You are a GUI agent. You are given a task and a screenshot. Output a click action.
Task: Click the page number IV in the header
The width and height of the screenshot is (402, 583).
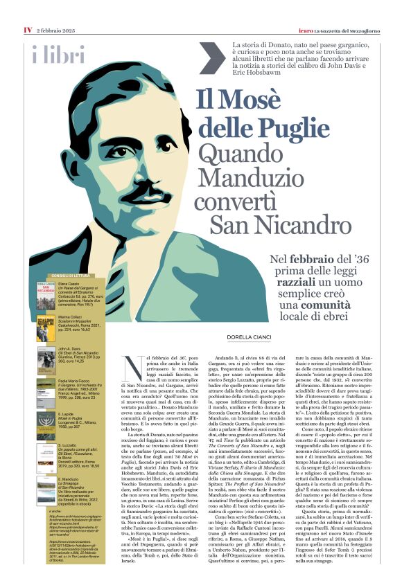[x=28, y=10]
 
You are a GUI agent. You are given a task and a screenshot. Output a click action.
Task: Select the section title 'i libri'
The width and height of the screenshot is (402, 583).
[x=58, y=54]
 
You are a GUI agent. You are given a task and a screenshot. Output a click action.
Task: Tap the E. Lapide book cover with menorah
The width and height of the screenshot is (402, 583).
[x=46, y=422]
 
